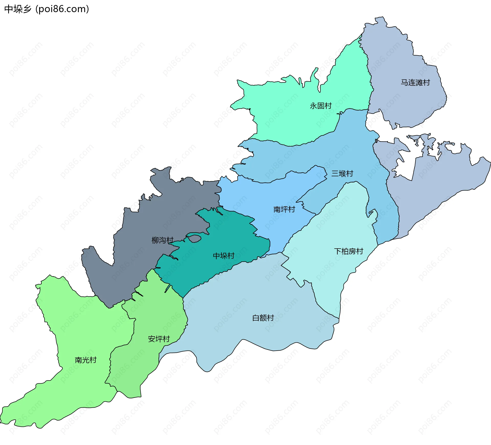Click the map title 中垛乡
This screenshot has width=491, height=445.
pos(18,9)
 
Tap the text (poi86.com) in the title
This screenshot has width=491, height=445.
pos(62,9)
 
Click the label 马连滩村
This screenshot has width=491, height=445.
pos(415,83)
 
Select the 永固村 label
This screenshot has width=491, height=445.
pos(320,106)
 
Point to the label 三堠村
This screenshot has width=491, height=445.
pos(342,174)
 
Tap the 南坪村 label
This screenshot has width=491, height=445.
pos(284,209)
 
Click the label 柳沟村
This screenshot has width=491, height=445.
pos(162,240)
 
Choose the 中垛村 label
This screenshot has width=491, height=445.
pos(224,256)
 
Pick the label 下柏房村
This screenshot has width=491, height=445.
pos(348,251)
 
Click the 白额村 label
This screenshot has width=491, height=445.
pos(263,318)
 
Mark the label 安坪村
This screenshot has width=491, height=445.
pos(159,339)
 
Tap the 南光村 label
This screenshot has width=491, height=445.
pos(85,360)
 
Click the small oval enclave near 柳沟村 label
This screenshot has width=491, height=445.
pos(195,239)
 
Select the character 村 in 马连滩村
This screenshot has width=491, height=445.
pos(426,83)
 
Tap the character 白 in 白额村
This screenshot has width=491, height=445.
pos(256,318)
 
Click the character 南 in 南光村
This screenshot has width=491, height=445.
pos(78,360)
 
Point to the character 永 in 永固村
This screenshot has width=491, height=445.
pos(313,106)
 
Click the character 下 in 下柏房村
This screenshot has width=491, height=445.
pos(338,251)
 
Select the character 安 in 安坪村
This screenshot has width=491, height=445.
pos(151,339)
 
